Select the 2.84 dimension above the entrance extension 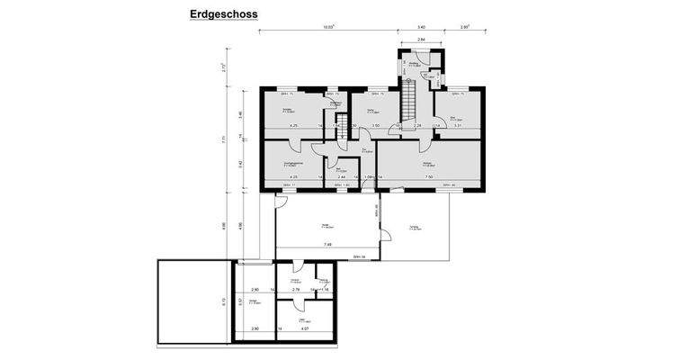tap(419, 40)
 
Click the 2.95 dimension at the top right tap(465, 28)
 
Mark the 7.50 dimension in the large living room tap(430, 177)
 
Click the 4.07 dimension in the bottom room tap(305, 329)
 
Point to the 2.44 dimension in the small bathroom tap(342, 177)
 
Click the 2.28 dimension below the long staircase tap(416, 126)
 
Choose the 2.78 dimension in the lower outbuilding tap(295, 290)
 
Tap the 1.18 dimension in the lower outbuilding tap(324, 290)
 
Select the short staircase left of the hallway tap(342, 132)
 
